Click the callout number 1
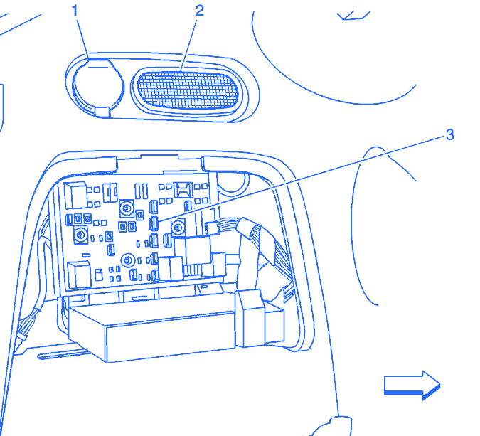(x=73, y=10)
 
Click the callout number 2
(x=199, y=10)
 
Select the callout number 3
(x=449, y=134)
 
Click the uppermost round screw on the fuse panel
(x=127, y=208)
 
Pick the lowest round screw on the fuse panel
(x=129, y=259)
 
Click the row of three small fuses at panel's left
(x=78, y=218)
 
